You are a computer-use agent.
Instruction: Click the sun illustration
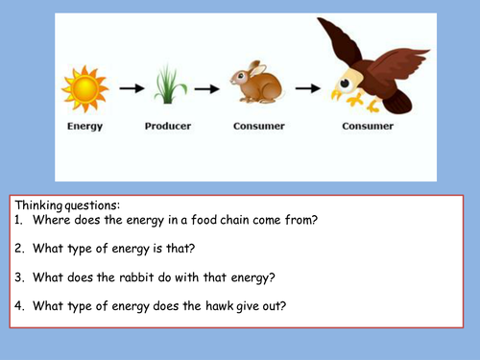click(84, 88)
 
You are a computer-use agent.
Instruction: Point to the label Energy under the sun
click(84, 126)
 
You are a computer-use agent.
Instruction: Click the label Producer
click(168, 126)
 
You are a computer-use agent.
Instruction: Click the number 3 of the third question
click(19, 278)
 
